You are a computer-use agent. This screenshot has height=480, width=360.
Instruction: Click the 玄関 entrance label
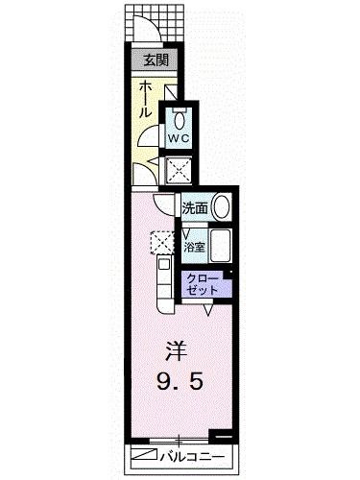(155, 61)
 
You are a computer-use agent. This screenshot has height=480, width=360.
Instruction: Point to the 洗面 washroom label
(196, 207)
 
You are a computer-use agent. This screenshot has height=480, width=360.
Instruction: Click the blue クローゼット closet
(204, 283)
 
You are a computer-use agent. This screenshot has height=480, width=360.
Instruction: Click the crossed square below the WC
(180, 171)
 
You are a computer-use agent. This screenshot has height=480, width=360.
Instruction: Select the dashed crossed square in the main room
(159, 241)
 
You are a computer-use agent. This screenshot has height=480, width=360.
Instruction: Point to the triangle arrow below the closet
(207, 310)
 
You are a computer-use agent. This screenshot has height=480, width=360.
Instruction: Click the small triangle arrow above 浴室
(189, 230)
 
